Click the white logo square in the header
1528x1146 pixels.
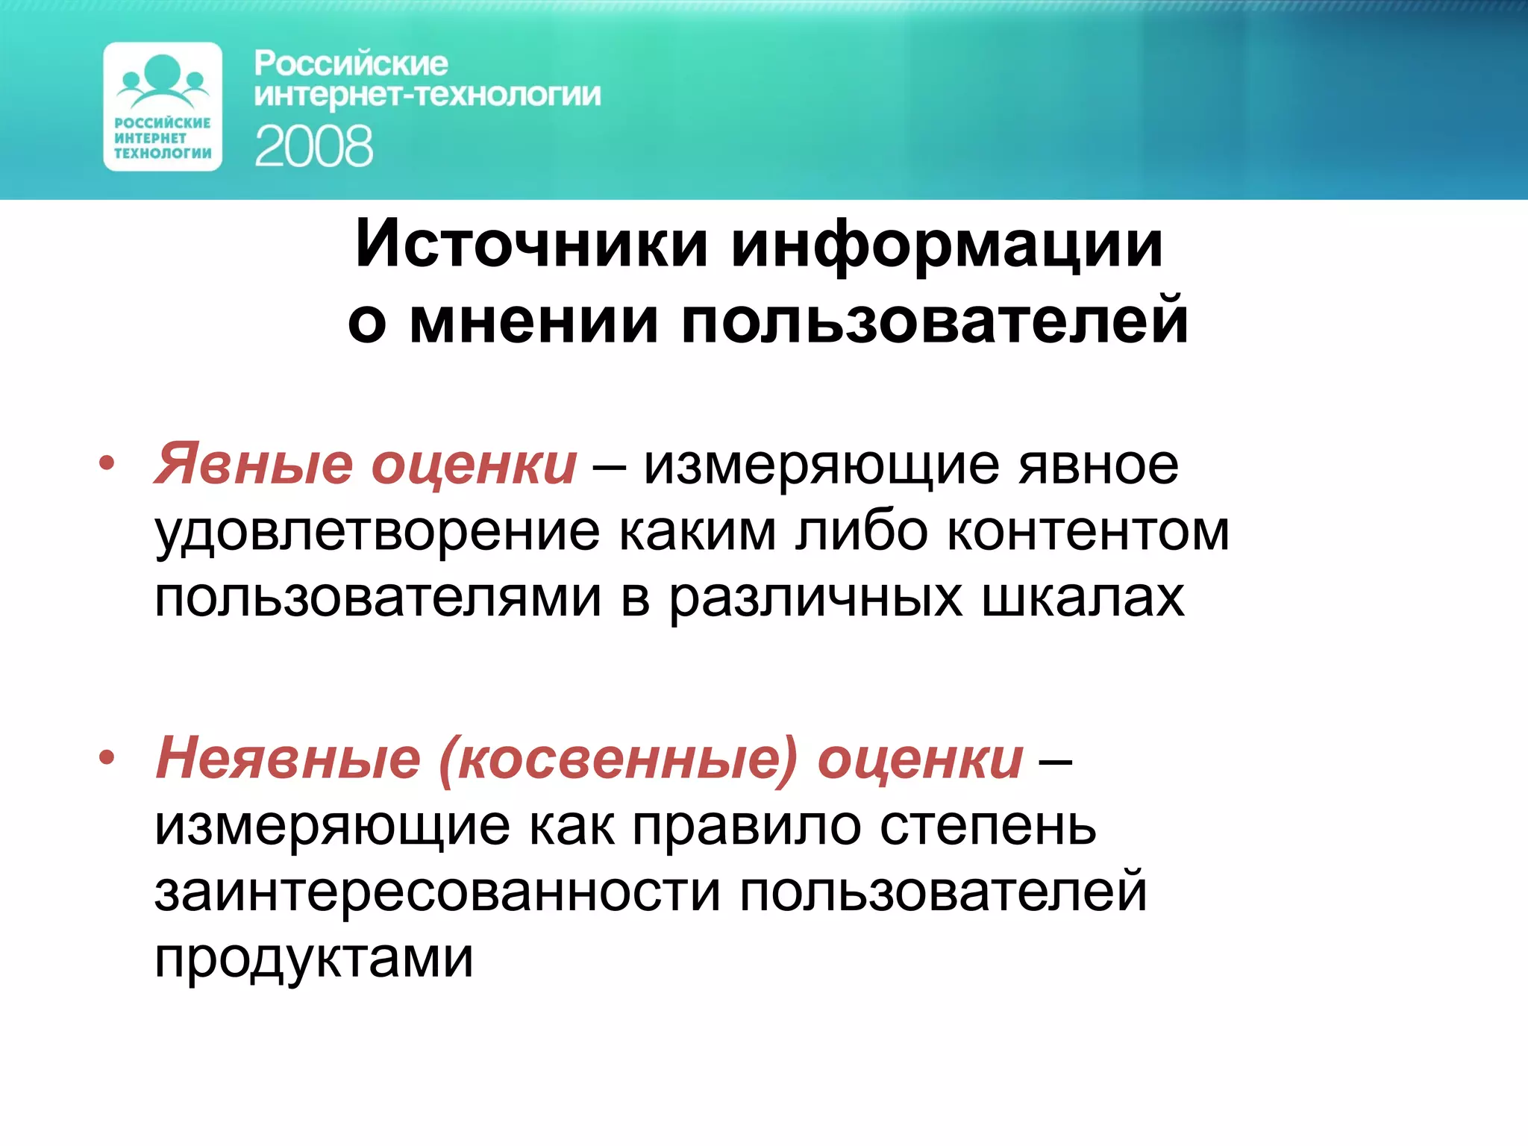click(163, 107)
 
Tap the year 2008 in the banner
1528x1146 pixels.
click(313, 146)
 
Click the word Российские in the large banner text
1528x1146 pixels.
click(351, 63)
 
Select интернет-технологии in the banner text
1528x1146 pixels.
click(427, 95)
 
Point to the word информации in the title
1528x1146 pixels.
click(947, 245)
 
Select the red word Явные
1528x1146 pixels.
click(253, 464)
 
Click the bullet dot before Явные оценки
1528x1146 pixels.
click(107, 463)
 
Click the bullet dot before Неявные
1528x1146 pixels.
click(107, 758)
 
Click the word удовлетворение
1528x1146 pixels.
click(377, 533)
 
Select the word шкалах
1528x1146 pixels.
click(1082, 597)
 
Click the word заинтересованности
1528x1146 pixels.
click(437, 892)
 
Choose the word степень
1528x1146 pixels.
click(988, 826)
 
